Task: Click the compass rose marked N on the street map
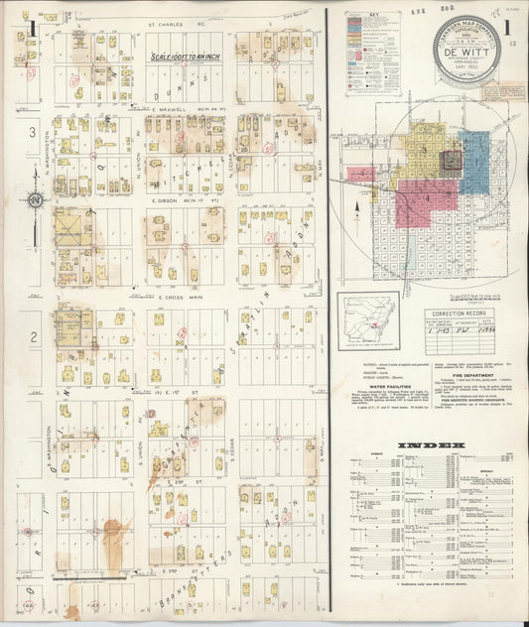point(37,201)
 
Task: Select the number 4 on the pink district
point(428,197)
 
